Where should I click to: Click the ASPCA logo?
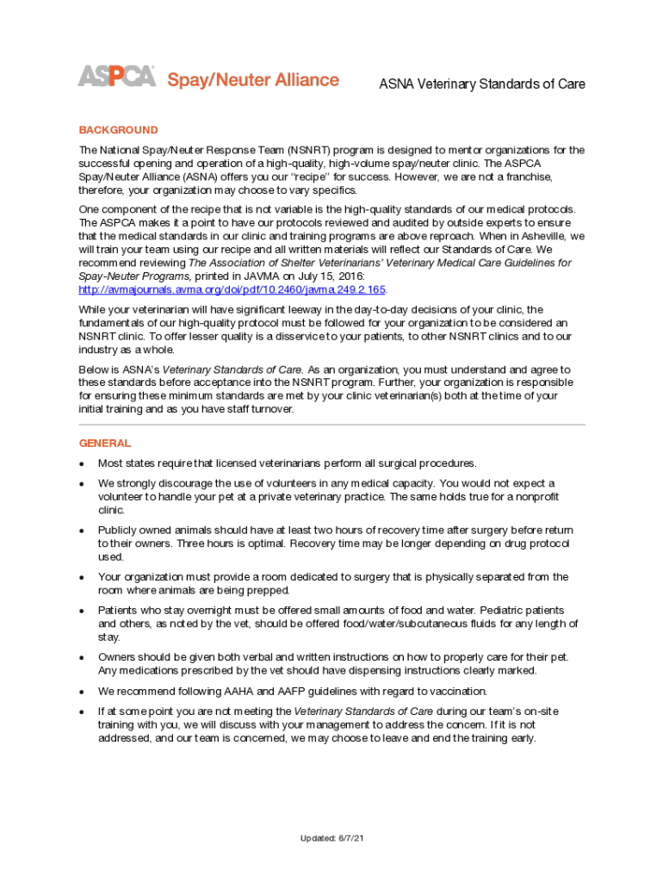117,77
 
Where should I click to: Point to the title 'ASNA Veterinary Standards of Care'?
482,84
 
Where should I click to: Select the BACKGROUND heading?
119,130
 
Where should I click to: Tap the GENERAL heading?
105,443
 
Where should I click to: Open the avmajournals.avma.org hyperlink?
232,289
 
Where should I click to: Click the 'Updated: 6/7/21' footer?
331,838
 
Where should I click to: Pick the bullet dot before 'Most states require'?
81,463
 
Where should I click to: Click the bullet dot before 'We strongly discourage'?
81,484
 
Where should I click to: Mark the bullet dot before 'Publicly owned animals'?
81,531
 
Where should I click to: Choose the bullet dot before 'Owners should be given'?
81,657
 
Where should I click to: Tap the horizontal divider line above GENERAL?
331,425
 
